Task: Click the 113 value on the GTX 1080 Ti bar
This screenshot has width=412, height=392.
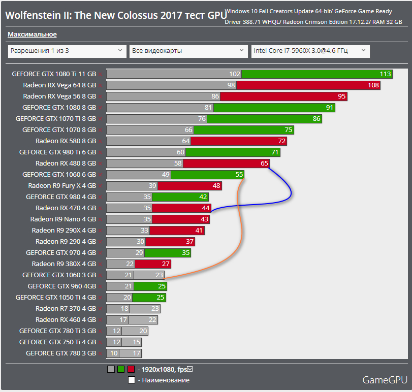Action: (385, 74)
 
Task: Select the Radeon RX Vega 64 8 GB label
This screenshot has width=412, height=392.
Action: (59, 85)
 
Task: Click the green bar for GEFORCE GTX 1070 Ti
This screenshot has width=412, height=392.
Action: (265, 119)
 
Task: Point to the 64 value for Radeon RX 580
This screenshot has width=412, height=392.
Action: (185, 141)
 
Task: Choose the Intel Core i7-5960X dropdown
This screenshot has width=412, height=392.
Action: (310, 51)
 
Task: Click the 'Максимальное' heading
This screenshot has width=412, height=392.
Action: (32, 35)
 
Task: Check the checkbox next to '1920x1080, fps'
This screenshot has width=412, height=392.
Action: (190, 369)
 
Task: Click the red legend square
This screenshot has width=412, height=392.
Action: (131, 370)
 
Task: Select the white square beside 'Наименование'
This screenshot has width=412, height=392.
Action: (131, 380)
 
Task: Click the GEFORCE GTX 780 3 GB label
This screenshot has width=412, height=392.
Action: (61, 353)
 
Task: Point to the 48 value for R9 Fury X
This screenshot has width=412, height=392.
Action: (216, 186)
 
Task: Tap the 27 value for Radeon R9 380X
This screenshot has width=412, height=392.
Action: (166, 264)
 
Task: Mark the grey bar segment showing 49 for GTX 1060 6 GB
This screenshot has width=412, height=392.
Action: (139, 175)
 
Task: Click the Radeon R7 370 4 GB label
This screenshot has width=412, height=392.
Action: (66, 309)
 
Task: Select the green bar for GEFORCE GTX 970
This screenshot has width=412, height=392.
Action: (168, 253)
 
